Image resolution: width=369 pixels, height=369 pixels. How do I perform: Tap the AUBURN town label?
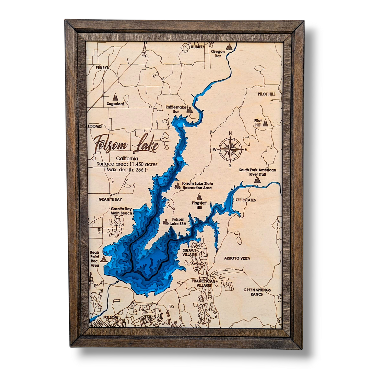click(x=198, y=47)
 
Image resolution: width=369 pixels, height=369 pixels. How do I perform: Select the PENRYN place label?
click(x=102, y=68)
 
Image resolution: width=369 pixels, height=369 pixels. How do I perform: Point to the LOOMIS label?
click(x=95, y=126)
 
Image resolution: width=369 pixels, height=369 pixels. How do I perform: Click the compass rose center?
click(x=230, y=149)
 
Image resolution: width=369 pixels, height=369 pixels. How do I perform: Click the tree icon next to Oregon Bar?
click(x=229, y=47)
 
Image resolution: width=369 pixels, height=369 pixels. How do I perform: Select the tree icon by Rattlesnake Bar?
click(x=189, y=110)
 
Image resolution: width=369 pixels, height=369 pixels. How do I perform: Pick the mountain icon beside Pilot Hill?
click(x=266, y=123)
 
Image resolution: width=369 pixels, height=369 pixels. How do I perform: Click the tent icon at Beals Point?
click(x=104, y=259)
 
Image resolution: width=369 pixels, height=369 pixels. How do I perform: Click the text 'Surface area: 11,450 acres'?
click(x=127, y=164)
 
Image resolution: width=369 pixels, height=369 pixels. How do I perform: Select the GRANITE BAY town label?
click(x=110, y=199)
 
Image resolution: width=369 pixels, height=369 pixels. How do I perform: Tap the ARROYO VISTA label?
click(x=237, y=258)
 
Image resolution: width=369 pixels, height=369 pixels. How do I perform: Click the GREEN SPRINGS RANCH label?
click(x=257, y=292)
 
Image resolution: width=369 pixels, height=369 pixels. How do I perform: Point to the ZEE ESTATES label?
click(x=245, y=200)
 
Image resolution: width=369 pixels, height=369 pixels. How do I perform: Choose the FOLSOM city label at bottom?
click(x=111, y=317)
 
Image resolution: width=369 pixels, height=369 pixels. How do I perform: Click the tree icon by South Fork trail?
click(x=257, y=180)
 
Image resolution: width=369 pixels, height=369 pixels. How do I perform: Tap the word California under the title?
click(x=127, y=159)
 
